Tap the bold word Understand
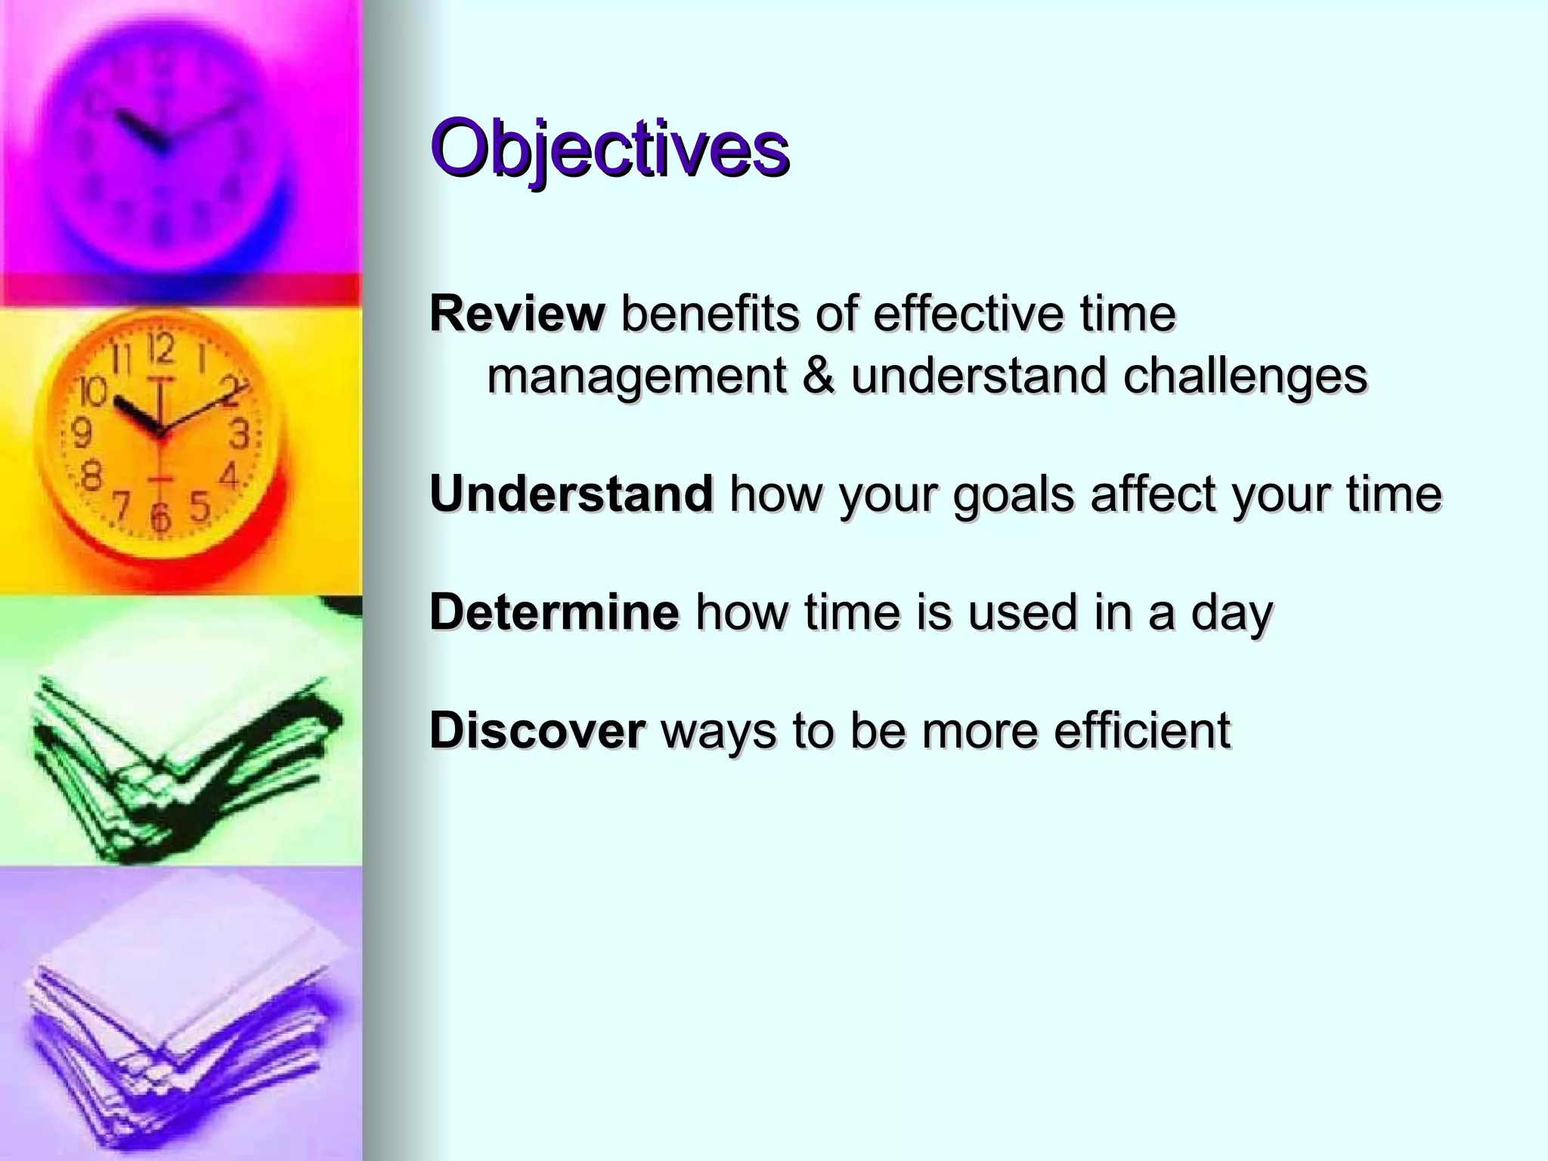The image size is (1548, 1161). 571,494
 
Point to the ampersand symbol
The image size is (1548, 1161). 819,376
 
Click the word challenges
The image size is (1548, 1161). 1245,376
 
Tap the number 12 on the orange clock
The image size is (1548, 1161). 161,350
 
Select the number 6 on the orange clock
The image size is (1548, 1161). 159,517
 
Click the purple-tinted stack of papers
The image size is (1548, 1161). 181,1013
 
